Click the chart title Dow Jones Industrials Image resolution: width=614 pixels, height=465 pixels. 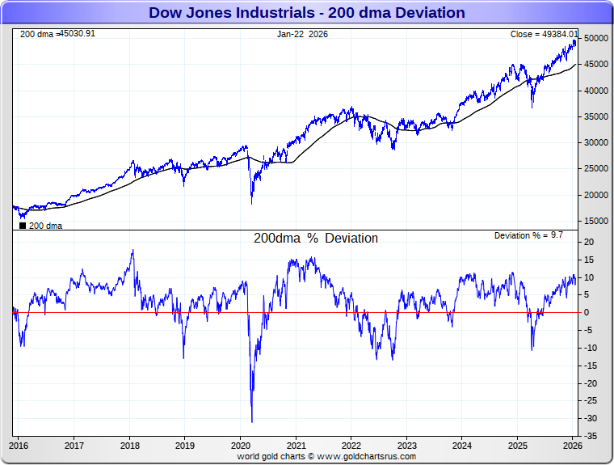coord(307,13)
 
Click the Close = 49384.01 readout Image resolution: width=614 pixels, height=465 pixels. coord(544,34)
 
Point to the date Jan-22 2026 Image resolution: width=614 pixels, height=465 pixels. coord(302,34)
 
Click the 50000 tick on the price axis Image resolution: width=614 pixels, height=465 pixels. coord(596,39)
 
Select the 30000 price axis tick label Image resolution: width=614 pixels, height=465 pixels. coord(596,143)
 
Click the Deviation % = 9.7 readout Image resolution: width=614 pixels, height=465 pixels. coord(528,235)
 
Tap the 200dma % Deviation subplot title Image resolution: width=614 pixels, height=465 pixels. coord(316,239)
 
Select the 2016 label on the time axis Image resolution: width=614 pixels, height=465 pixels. coord(19,446)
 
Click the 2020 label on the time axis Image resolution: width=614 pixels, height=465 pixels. coord(241,446)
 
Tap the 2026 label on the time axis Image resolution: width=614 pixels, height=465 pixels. coord(572,446)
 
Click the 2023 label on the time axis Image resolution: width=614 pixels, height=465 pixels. coord(406,446)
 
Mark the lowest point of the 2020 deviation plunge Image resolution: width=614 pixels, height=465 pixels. coord(252,421)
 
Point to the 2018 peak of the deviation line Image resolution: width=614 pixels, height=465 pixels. coord(132,250)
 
